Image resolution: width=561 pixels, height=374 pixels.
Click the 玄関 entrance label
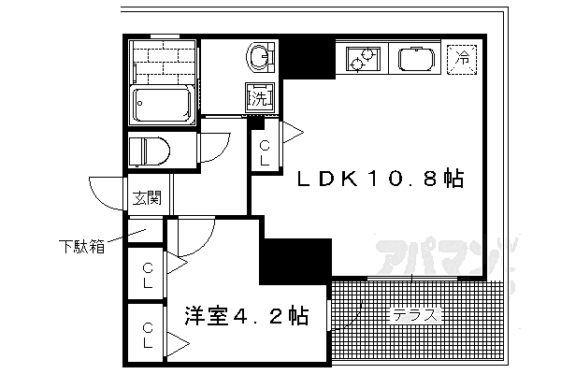[x=146, y=197]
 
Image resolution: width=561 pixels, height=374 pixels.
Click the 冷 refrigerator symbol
[x=462, y=58]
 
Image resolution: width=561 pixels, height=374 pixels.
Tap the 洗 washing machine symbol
[x=258, y=97]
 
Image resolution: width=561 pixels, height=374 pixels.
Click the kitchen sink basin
[x=416, y=60]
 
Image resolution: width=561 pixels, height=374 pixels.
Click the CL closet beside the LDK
[x=265, y=151]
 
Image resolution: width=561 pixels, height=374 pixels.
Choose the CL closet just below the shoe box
[x=148, y=276]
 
